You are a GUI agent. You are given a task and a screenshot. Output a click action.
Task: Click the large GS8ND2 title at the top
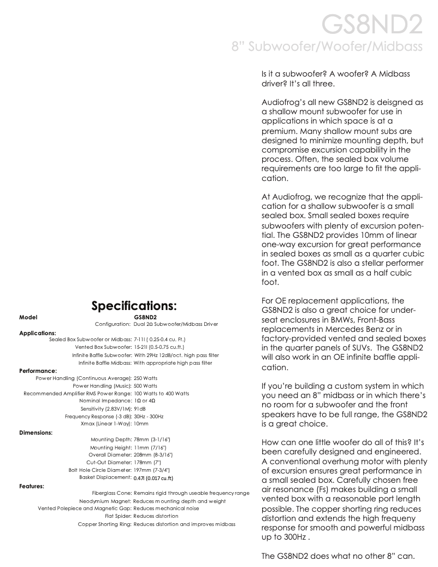click(x=371, y=25)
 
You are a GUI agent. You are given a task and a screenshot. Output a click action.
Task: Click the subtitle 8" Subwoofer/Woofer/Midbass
click(x=327, y=48)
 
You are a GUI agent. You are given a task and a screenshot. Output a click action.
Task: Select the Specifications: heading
click(x=134, y=305)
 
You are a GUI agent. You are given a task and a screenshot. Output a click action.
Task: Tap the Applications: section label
click(x=38, y=332)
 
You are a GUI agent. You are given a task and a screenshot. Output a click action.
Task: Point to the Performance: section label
click(x=38, y=371)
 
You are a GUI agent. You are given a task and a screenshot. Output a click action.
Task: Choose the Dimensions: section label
click(x=36, y=432)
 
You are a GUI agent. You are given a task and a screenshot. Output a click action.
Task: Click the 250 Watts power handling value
click(x=146, y=378)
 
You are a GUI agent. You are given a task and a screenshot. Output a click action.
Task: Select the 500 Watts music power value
click(x=146, y=386)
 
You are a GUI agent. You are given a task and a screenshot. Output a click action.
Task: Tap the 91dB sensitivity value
click(x=140, y=409)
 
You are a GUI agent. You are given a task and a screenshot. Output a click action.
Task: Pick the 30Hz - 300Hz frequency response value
click(x=149, y=417)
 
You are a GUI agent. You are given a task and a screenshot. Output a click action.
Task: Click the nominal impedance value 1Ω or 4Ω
click(x=145, y=401)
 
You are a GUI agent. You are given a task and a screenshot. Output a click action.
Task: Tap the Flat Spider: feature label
click(x=118, y=516)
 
